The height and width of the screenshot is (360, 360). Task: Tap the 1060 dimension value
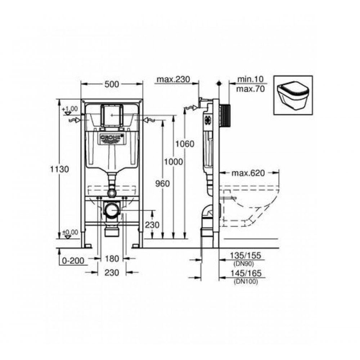pos(185,144)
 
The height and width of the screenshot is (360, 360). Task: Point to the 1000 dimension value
pos(174,162)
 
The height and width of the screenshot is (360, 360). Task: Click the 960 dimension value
pos(162,184)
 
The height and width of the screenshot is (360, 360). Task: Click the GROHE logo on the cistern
pos(112,138)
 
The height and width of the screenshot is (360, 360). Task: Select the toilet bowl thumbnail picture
pos(293,95)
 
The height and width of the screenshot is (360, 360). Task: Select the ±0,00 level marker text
pos(70,233)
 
